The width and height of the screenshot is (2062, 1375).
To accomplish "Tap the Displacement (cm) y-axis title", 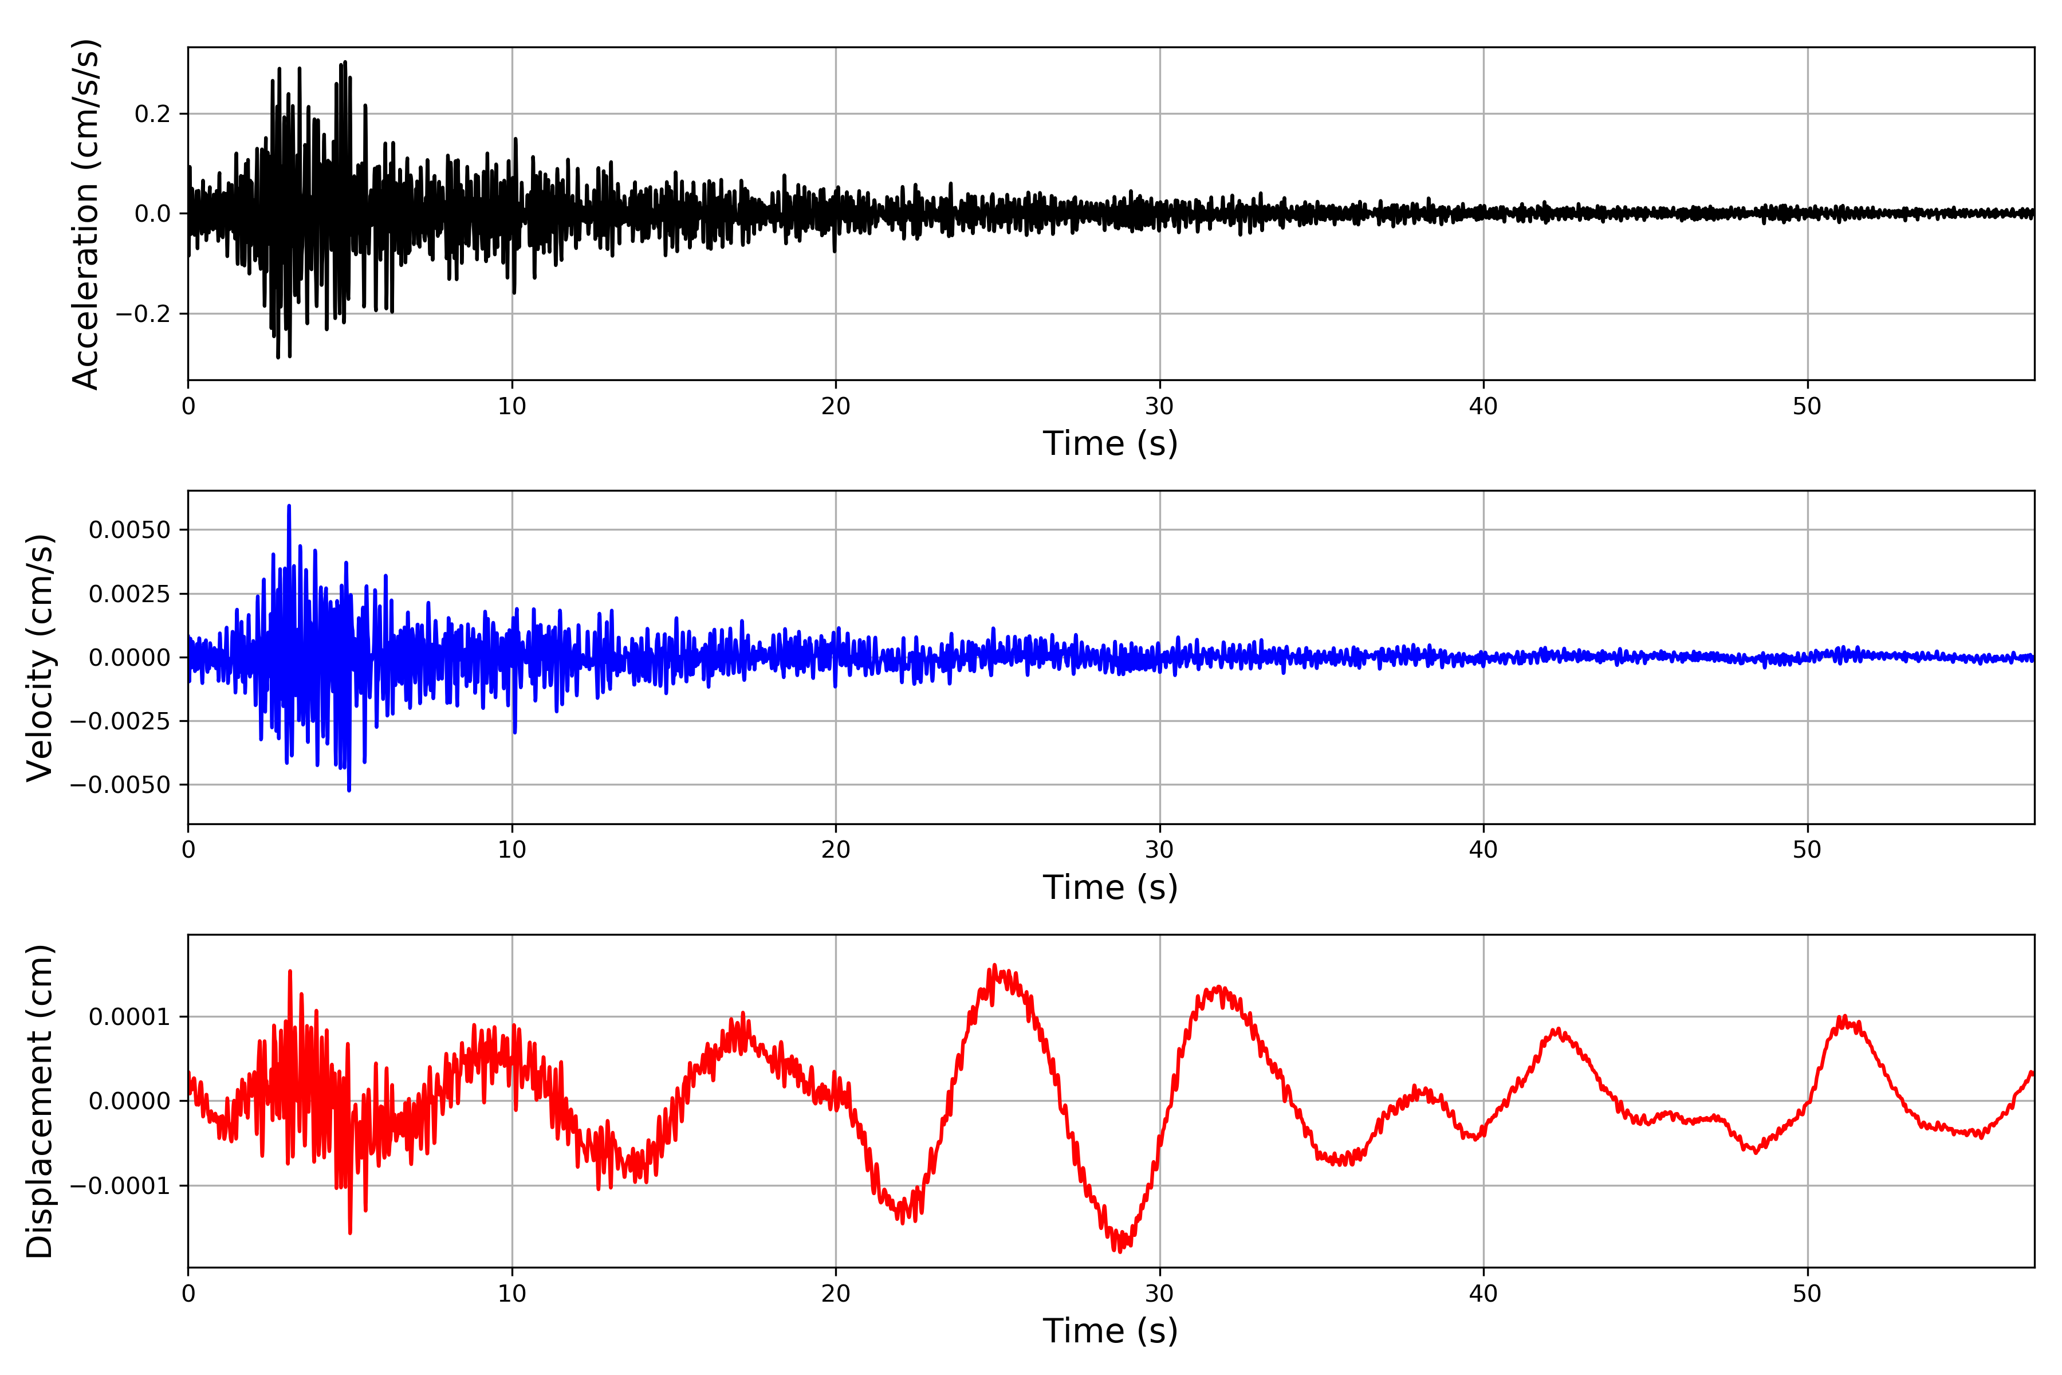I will pos(40,1101).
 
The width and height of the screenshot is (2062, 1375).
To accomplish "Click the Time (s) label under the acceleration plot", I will pos(1110,443).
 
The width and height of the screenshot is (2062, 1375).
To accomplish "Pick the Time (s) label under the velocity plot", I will pos(1110,887).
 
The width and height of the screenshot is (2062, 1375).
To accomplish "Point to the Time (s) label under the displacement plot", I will pos(1110,1331).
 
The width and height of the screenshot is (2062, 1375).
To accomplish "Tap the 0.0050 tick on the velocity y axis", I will pos(130,529).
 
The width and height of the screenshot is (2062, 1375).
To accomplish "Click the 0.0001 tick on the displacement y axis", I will pos(130,1017).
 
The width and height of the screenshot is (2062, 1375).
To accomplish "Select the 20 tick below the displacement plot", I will pos(836,1294).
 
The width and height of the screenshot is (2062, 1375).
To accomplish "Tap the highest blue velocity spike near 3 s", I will pos(289,507).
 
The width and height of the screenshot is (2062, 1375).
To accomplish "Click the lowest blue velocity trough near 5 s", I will pos(349,790).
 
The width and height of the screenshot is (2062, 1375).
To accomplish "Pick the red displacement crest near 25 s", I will pos(994,967).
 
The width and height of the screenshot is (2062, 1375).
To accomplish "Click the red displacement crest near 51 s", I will pos(1844,1017).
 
